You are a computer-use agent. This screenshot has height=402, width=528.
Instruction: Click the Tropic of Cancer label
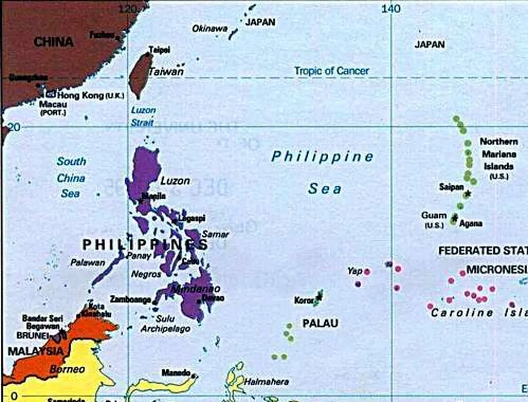(331, 71)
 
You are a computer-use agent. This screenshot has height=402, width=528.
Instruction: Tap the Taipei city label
(159, 50)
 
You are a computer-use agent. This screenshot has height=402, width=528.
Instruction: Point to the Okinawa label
(209, 29)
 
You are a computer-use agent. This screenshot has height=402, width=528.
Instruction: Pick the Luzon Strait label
(143, 116)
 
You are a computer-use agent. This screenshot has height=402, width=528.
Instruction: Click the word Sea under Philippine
(324, 189)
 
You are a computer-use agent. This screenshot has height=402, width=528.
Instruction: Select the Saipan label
(451, 187)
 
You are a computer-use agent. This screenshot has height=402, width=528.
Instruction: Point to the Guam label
(434, 215)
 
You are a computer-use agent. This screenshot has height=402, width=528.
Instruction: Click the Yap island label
(354, 270)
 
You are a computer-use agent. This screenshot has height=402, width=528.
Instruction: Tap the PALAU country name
(320, 323)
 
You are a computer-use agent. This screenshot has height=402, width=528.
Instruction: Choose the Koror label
(304, 300)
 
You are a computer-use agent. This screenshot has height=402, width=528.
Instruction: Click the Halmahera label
(266, 381)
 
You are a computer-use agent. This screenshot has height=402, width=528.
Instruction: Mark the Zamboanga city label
(130, 300)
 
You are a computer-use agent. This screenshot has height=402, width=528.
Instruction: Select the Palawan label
(87, 263)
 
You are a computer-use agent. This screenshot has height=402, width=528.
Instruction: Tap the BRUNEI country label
(32, 336)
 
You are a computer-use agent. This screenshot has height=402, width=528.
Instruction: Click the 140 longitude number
(391, 9)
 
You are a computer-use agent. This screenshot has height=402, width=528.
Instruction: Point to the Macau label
(53, 104)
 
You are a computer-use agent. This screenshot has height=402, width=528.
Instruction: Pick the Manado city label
(176, 372)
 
